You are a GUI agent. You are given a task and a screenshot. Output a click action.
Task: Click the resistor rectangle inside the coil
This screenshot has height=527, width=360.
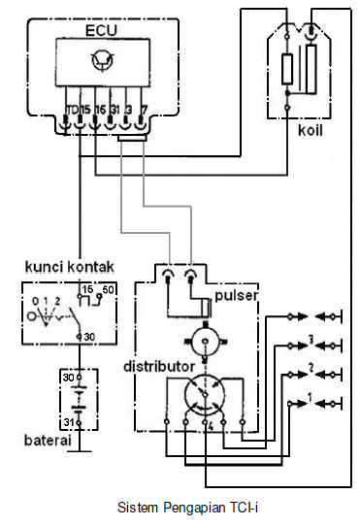287,70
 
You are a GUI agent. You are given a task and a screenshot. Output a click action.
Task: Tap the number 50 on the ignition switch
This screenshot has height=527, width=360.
108,290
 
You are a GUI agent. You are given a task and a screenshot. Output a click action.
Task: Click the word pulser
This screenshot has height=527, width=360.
235,294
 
